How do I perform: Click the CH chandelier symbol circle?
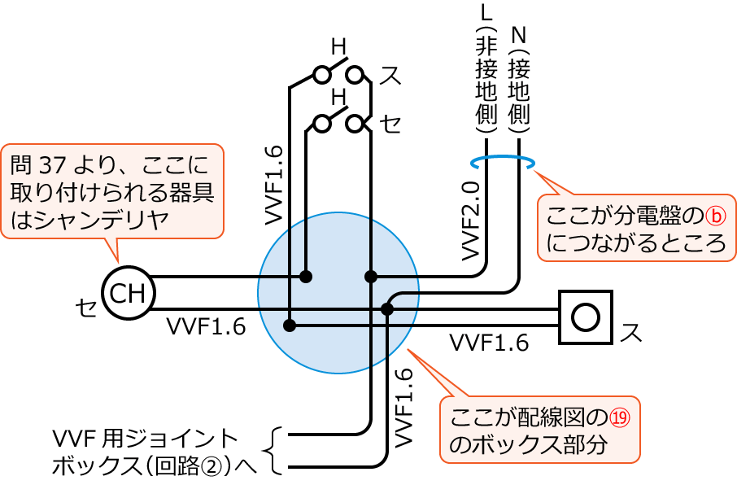127,293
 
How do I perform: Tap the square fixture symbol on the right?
586,316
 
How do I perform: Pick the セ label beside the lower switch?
391,124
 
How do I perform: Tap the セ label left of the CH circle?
85,306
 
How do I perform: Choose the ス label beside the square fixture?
631,332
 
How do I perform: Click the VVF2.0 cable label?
471,220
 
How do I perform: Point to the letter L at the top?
486,13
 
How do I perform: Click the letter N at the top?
519,34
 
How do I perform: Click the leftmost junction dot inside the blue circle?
290,326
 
